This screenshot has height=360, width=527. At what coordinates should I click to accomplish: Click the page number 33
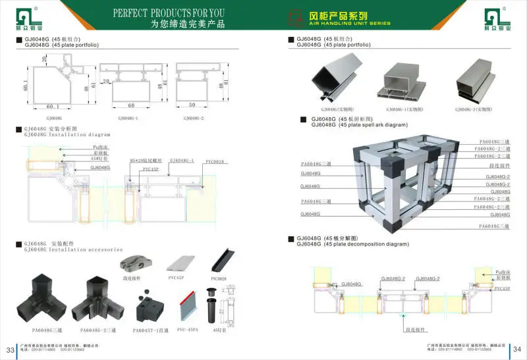point(11,349)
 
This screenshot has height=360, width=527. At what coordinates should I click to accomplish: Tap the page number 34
point(516,349)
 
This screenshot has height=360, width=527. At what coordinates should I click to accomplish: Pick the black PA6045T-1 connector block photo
point(149,306)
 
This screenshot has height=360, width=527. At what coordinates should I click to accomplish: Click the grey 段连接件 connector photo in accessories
point(136,264)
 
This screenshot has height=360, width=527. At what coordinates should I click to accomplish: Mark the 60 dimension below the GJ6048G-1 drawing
point(131,105)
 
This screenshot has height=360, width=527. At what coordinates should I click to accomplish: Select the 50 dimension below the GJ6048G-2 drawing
point(190,105)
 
